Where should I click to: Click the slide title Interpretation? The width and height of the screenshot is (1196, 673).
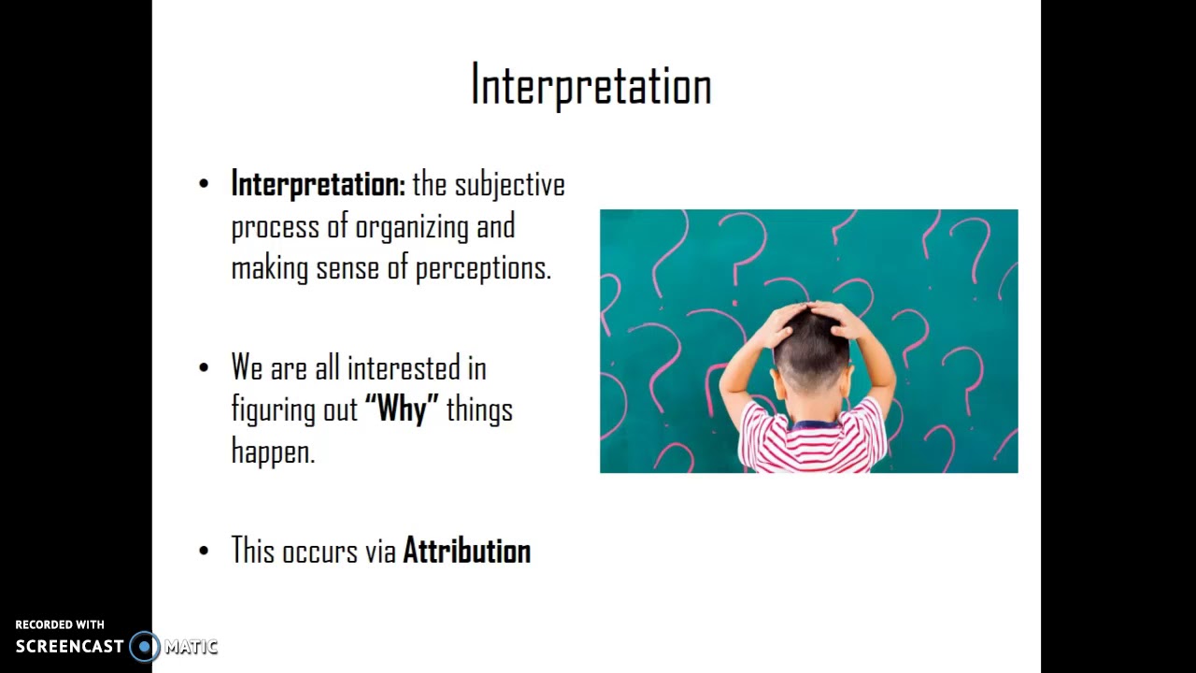point(591,85)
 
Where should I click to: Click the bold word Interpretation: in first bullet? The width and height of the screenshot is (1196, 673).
point(318,184)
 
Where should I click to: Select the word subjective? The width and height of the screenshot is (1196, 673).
point(510,185)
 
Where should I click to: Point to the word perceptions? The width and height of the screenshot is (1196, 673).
point(483,268)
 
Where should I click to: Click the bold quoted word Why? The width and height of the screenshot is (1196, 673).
point(402,409)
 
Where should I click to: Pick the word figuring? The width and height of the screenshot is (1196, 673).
point(273,409)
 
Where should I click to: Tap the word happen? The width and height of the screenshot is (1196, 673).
point(273,451)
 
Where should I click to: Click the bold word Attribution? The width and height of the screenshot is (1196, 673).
point(466,551)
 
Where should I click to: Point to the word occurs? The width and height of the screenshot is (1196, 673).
point(320,551)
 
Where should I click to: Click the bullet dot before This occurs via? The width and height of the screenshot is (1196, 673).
point(205,551)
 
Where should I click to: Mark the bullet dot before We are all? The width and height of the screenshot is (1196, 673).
point(205,368)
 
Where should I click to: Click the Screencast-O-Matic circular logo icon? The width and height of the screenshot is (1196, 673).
point(144,646)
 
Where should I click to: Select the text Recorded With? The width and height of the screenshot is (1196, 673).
point(60,624)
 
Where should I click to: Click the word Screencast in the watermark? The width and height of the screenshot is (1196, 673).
point(69,646)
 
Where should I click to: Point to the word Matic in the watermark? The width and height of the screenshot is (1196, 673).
point(191,646)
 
